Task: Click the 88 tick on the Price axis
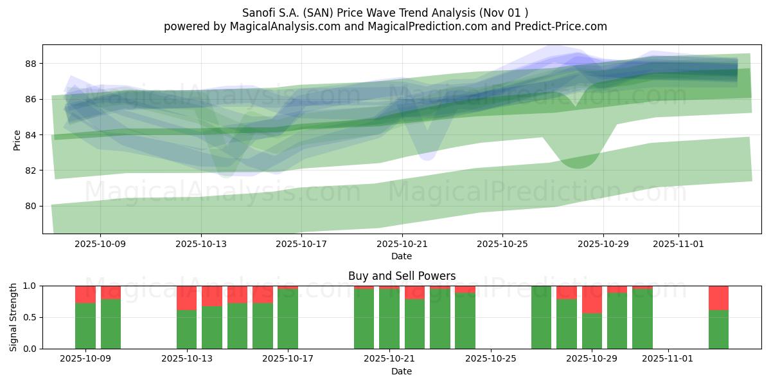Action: click(x=30, y=64)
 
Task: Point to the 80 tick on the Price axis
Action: click(x=30, y=206)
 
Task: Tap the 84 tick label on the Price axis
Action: click(x=30, y=135)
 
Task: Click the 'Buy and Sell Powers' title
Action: click(x=402, y=276)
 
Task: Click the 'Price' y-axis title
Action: click(x=17, y=140)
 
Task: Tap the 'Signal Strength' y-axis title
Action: click(x=13, y=317)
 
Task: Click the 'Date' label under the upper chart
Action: click(x=402, y=256)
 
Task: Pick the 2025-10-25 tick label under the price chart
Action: click(x=502, y=244)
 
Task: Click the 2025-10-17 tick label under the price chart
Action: click(x=301, y=244)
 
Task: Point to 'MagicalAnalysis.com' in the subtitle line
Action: click(x=279, y=26)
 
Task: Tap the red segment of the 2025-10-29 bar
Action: click(x=592, y=299)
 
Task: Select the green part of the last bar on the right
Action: click(x=718, y=329)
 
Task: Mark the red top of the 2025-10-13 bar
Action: click(x=186, y=298)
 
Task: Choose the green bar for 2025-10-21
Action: click(x=389, y=319)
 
